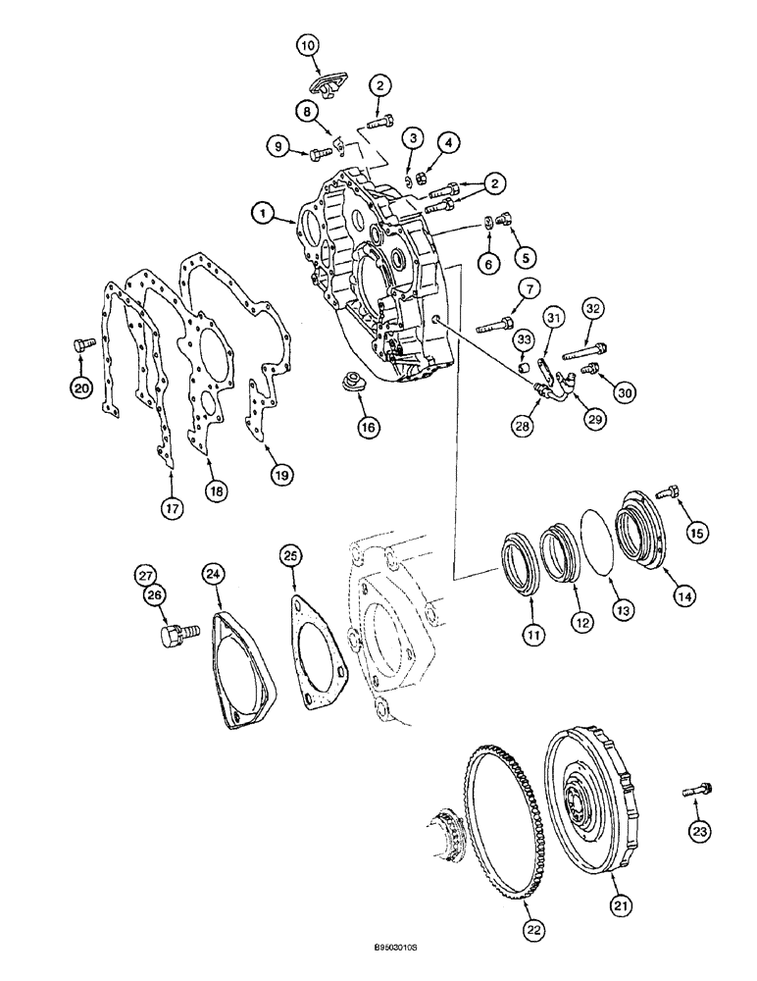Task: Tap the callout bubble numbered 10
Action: (x=308, y=45)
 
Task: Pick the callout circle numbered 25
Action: (x=290, y=556)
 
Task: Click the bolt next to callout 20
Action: (x=79, y=345)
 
